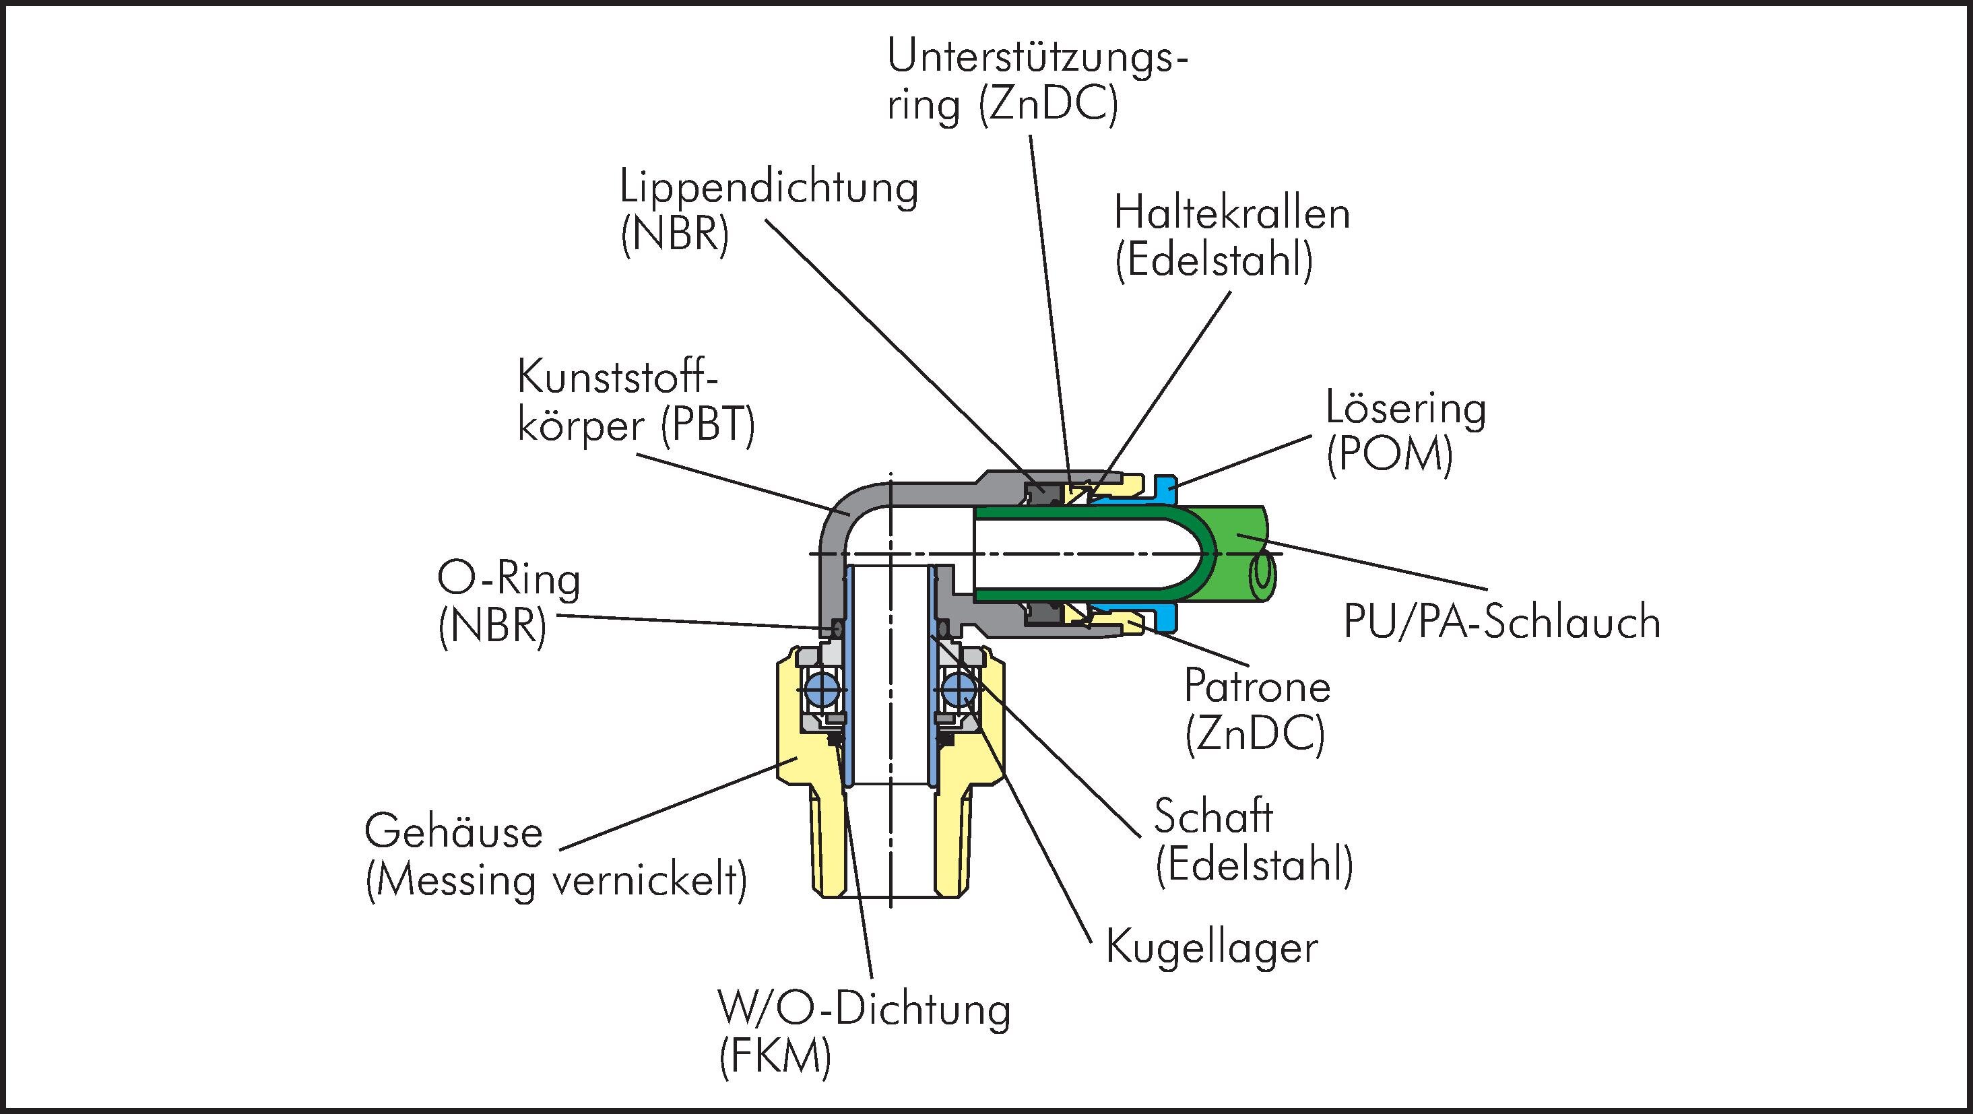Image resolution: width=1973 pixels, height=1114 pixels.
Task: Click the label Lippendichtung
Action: tap(768, 188)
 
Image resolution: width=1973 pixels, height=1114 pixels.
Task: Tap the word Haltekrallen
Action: tap(1231, 214)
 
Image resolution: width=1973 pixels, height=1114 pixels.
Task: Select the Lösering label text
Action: tap(1405, 409)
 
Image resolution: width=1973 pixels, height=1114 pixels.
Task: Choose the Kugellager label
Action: tap(1212, 948)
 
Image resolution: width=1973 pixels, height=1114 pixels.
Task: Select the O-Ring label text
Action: tap(509, 580)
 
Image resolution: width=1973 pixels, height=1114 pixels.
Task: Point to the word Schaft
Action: tap(1213, 816)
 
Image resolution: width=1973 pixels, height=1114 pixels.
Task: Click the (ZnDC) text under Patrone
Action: tap(1254, 733)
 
